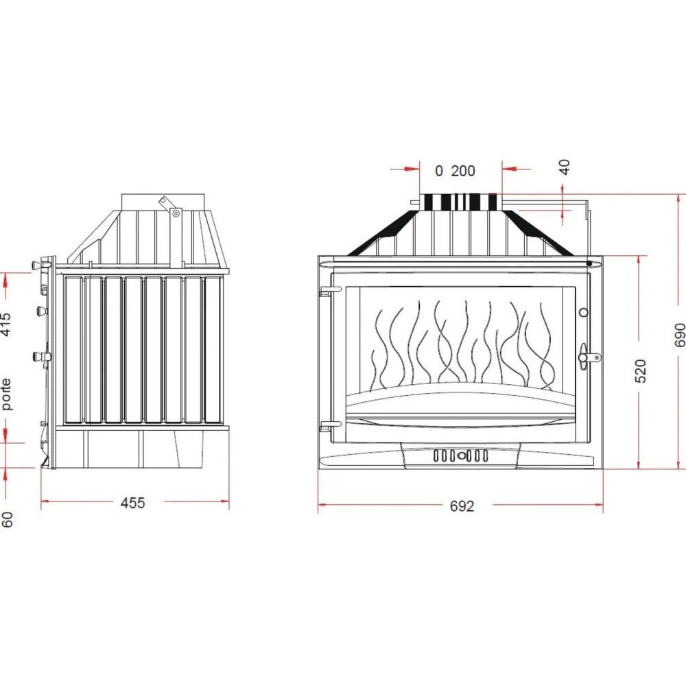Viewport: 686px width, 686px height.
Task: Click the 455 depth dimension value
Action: coord(132,503)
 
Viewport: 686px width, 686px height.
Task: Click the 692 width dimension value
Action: coord(462,506)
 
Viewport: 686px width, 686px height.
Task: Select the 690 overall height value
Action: coord(679,335)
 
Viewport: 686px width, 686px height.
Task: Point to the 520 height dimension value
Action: coord(640,371)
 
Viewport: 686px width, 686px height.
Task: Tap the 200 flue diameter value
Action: coord(463,171)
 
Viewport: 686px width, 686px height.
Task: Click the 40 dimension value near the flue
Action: coord(565,167)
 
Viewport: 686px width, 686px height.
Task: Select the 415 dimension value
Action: coord(5,324)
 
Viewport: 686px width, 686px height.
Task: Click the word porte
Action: coord(5,394)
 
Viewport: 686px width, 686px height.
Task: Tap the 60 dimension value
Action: coord(7,519)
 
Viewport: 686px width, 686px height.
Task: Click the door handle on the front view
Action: coord(587,357)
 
